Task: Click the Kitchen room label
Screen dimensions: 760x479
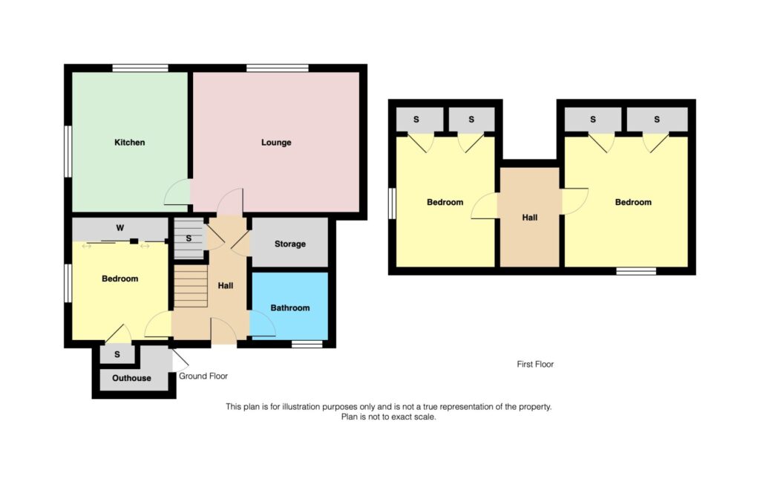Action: tap(129, 143)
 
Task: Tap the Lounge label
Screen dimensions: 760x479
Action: tap(276, 143)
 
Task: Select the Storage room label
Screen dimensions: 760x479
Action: tap(290, 244)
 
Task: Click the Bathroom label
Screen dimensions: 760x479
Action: tap(290, 308)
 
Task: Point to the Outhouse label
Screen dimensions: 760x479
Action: tap(131, 378)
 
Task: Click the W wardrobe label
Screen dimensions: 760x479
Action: tap(120, 228)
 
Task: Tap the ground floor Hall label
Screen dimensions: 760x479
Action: tap(226, 286)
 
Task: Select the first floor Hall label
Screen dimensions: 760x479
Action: tap(530, 218)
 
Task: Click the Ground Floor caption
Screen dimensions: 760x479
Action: tap(203, 376)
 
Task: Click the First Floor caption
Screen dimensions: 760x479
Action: tap(535, 364)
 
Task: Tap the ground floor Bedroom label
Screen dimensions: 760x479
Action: tap(119, 278)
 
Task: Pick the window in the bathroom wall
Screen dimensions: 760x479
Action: tap(307, 345)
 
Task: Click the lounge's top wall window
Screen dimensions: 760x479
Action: tap(278, 68)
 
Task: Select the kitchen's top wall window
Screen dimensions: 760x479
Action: tap(140, 68)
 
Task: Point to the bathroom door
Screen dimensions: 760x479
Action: tap(262, 324)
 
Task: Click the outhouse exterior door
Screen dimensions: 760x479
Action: tap(180, 361)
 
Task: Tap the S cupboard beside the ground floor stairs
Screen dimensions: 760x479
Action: tap(189, 238)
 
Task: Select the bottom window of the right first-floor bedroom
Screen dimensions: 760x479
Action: tap(636, 271)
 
